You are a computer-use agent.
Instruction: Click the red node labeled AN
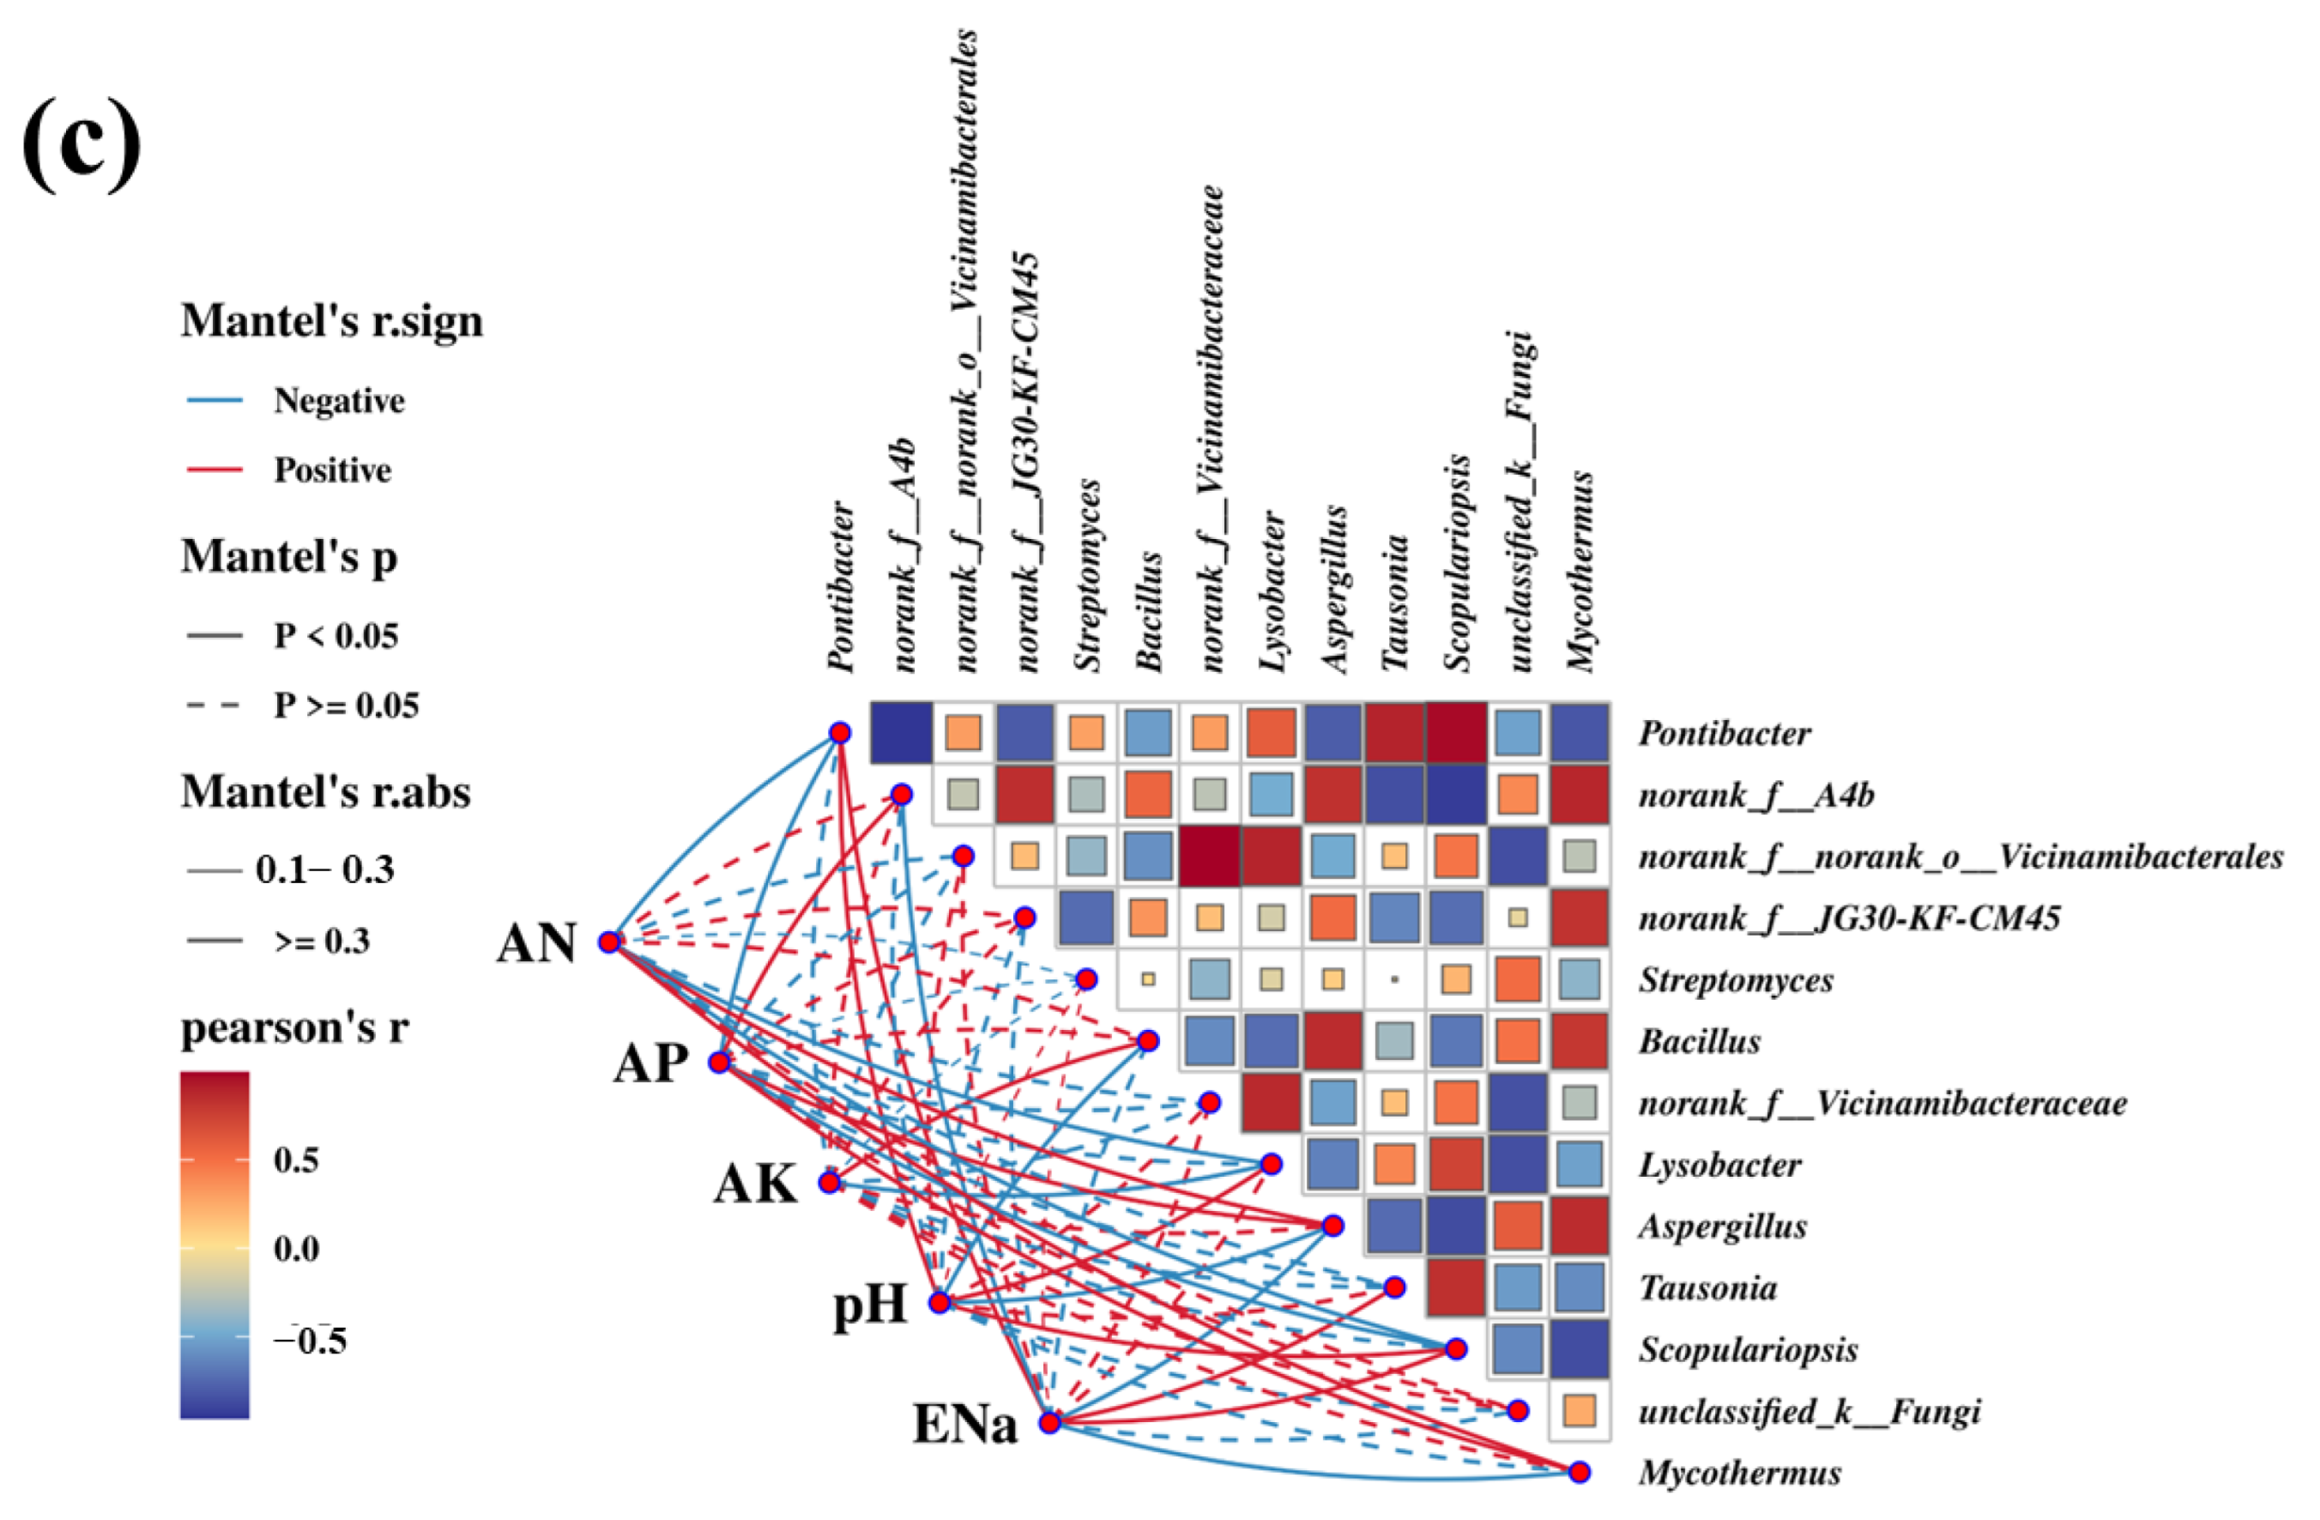[x=610, y=941]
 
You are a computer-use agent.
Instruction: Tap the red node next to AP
[x=719, y=1062]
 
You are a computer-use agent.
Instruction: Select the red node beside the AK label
[x=830, y=1183]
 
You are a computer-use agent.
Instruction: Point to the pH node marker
[x=939, y=1303]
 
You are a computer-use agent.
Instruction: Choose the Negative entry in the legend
[x=338, y=401]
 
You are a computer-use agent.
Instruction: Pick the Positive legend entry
[x=332, y=470]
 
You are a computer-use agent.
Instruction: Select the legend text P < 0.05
[x=336, y=636]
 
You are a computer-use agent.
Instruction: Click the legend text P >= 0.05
[x=346, y=705]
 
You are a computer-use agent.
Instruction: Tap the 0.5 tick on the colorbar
[x=296, y=1160]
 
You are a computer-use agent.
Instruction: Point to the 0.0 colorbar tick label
[x=296, y=1248]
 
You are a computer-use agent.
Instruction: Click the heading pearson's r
[x=294, y=1027]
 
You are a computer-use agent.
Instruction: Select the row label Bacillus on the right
[x=1699, y=1041]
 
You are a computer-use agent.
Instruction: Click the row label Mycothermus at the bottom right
[x=1739, y=1472]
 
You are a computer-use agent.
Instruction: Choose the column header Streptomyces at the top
[x=1087, y=575]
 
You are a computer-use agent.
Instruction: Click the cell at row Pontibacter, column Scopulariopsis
[x=1456, y=732]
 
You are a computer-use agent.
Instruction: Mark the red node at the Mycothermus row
[x=1580, y=1472]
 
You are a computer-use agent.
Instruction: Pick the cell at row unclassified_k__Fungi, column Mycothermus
[x=1580, y=1411]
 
